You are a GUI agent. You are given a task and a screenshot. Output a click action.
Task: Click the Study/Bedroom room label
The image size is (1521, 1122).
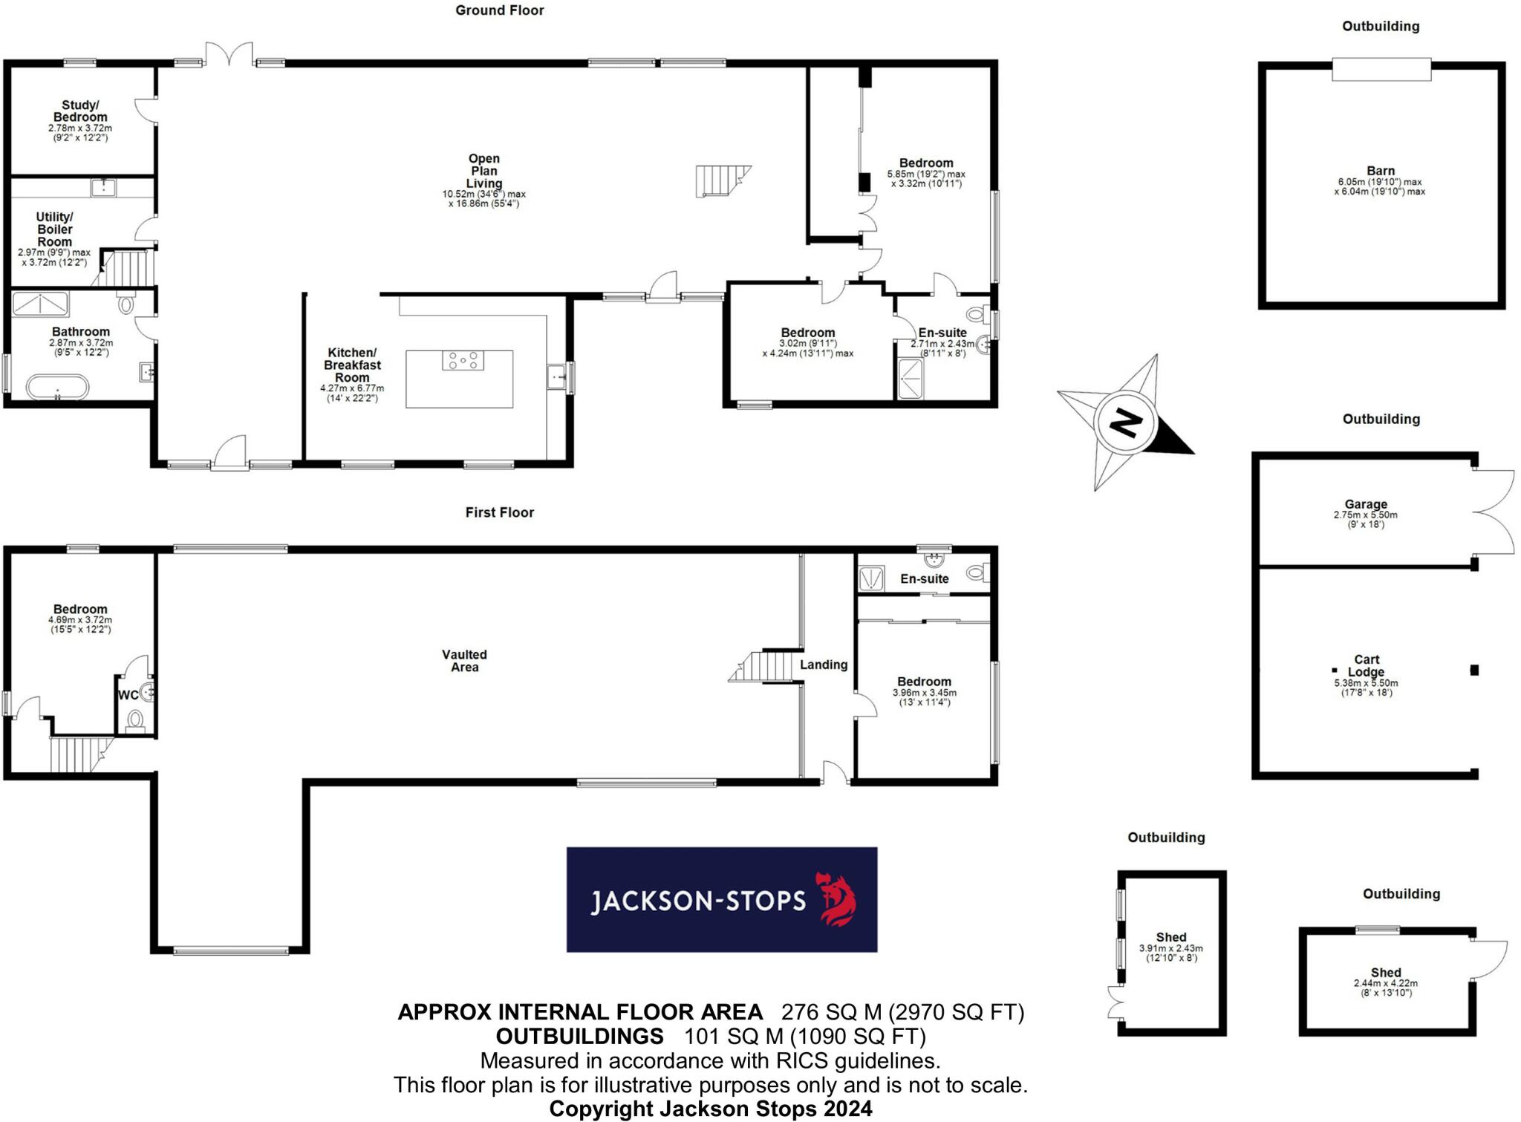coord(80,111)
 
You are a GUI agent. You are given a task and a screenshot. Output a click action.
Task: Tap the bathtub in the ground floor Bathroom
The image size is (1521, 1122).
coord(57,388)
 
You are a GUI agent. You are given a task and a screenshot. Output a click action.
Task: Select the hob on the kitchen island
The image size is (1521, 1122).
coord(463,361)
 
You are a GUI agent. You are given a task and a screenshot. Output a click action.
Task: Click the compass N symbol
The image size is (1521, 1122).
coord(1125,423)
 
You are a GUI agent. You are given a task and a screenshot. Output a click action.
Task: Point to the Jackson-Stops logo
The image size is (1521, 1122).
coord(721,899)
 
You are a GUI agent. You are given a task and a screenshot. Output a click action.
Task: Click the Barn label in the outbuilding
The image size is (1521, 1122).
coord(1380,171)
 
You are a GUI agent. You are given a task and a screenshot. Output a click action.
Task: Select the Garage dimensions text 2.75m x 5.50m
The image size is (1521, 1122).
coord(1365,515)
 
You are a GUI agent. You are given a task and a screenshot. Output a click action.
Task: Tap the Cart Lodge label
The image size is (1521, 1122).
coord(1366,665)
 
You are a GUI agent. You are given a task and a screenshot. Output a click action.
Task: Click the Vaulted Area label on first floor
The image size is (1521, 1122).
coord(464,661)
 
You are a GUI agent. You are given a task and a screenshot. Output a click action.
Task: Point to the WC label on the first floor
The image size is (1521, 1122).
coord(128,696)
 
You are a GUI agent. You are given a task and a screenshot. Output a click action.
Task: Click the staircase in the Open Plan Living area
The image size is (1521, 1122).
coord(720,180)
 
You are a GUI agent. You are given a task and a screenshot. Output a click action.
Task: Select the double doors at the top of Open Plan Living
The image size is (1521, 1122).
coord(229,55)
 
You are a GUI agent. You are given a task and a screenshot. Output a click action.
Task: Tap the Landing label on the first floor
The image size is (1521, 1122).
coord(823,665)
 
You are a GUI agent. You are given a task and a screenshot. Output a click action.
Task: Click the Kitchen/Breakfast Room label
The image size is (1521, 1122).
coord(352,365)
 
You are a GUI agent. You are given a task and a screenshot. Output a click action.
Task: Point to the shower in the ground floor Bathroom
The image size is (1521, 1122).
coord(40,304)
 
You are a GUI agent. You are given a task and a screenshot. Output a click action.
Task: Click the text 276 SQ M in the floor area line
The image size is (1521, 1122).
coord(831,1012)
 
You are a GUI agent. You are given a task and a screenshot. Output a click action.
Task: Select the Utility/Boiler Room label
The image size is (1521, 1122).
coord(55,229)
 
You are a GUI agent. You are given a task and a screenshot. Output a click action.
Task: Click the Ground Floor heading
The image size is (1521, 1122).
coord(499,10)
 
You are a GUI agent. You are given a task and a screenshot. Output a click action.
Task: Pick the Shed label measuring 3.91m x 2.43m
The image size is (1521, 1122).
coord(1170,937)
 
